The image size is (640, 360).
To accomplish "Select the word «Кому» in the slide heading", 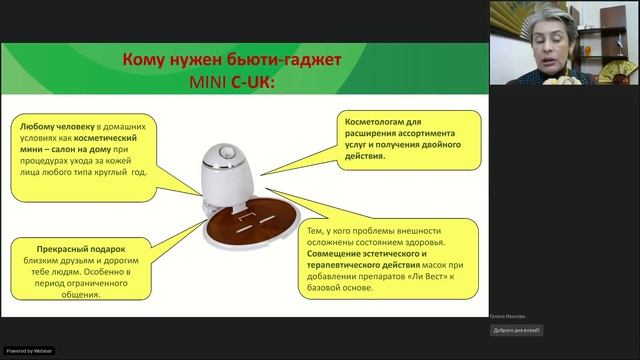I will pos(141,59).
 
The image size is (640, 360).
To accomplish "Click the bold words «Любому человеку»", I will pos(53,127).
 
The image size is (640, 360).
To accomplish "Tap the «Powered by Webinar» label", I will pos(29,351).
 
